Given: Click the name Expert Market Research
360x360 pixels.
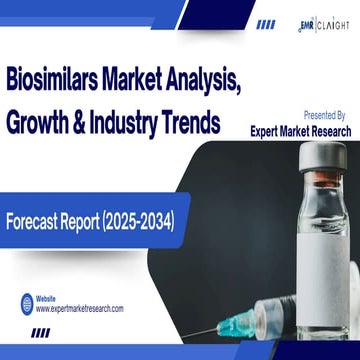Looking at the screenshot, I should (x=300, y=130).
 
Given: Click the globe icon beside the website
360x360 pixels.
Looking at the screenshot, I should (x=21, y=302).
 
